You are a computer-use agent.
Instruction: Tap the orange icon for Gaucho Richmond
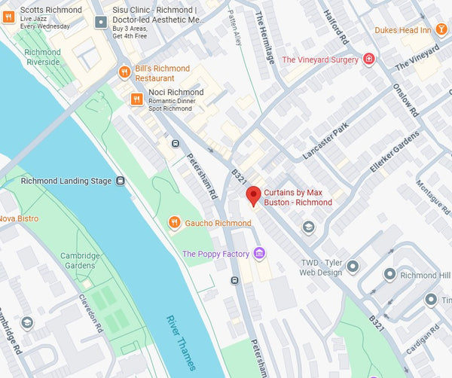click(174, 223)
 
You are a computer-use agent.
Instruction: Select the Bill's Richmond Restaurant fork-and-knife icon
click(124, 72)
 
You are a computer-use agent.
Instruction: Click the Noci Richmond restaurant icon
click(136, 99)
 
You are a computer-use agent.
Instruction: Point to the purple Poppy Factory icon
click(259, 253)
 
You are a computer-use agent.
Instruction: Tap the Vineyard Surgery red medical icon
click(368, 59)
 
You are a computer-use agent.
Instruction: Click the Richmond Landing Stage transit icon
click(120, 181)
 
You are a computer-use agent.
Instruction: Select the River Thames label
click(181, 343)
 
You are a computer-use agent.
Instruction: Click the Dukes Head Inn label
click(403, 30)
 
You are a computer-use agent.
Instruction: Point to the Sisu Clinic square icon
click(100, 23)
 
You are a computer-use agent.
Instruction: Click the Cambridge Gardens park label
click(81, 261)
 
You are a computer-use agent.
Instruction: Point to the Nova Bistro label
click(19, 218)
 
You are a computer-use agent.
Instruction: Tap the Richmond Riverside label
click(42, 57)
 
